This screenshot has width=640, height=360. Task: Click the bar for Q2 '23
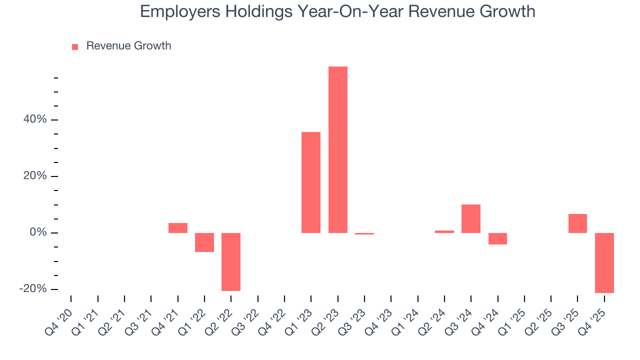(337, 149)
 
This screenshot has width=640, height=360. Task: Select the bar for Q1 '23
(311, 182)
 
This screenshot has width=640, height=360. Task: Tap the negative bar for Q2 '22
(231, 261)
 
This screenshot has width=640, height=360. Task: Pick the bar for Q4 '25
(604, 262)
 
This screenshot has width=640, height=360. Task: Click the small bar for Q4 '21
(178, 228)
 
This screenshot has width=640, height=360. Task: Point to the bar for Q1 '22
(204, 242)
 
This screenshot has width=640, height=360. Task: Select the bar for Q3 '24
(471, 218)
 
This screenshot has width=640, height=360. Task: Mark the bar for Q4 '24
(497, 238)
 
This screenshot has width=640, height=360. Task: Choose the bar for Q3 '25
(577, 223)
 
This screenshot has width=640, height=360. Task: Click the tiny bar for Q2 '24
(444, 231)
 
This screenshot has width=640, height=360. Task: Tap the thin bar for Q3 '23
(364, 233)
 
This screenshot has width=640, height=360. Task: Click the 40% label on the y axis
(34, 120)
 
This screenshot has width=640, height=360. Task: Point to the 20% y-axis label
(34, 176)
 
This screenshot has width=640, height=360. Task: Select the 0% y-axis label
(38, 233)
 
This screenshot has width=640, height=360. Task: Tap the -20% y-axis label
(33, 289)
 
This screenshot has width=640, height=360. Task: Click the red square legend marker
(75, 47)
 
